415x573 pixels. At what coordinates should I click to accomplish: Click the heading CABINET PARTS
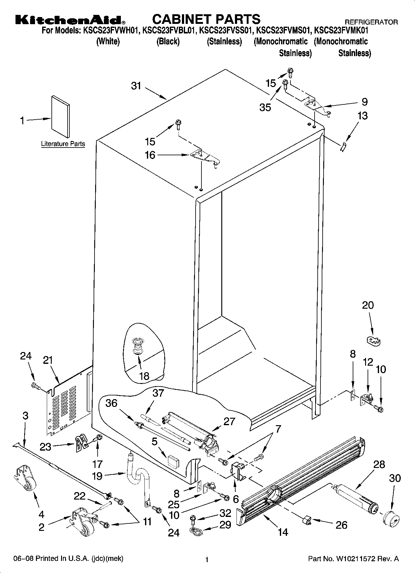point(206,19)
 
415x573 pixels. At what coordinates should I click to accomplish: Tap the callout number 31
point(136,86)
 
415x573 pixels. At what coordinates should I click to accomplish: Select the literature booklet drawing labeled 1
point(60,116)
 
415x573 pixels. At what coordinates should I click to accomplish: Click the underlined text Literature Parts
point(63,144)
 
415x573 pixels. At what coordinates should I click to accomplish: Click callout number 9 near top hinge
point(364,102)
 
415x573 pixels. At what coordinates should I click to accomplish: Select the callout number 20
point(368,305)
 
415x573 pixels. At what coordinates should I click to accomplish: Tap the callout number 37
point(158,393)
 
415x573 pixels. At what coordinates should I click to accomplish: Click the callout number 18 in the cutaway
point(144,376)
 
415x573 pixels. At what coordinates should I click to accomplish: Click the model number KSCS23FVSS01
point(225,31)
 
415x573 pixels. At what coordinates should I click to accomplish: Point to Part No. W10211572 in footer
point(353,559)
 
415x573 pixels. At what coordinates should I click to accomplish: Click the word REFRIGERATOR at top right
point(371,22)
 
